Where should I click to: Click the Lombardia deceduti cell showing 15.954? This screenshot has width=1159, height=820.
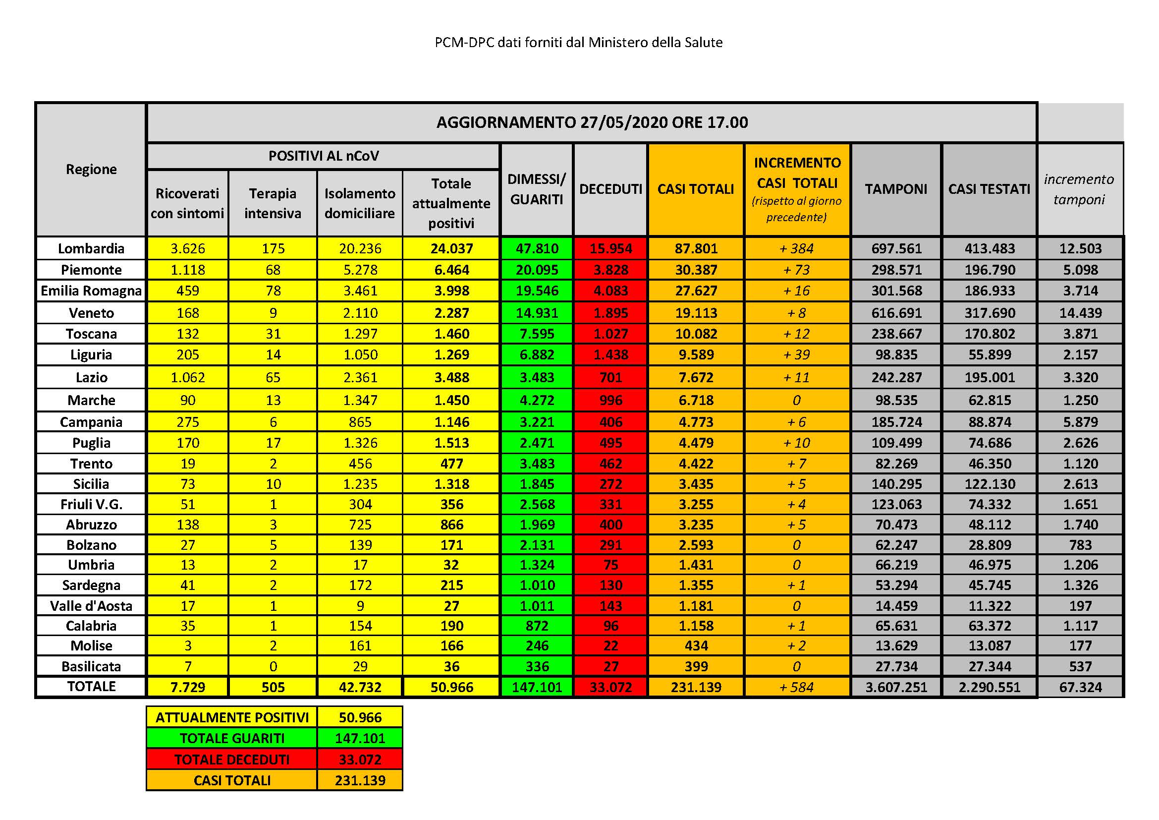click(x=610, y=248)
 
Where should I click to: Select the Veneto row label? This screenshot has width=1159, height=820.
click(x=91, y=313)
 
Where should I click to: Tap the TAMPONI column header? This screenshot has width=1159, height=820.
click(x=896, y=189)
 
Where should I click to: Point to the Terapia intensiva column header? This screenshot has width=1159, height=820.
click(x=273, y=203)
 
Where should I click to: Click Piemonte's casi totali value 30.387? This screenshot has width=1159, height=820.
click(x=696, y=270)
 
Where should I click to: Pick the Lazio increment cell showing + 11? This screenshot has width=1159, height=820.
click(x=797, y=377)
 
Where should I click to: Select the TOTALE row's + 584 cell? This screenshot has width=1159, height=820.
click(x=797, y=687)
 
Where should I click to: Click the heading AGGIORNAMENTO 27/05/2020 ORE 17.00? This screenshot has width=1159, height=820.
click(x=592, y=122)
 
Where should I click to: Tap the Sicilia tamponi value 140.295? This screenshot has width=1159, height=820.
click(x=896, y=484)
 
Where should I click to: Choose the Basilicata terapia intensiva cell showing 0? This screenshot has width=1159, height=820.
click(x=273, y=666)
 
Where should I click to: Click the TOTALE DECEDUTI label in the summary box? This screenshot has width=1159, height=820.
click(x=232, y=760)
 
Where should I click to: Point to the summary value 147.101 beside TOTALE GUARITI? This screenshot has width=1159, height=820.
click(x=360, y=738)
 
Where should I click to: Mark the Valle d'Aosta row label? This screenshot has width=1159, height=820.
click(x=91, y=606)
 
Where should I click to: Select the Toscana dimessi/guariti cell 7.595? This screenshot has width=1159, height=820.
click(x=537, y=334)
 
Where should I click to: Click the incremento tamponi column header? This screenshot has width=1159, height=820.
click(x=1079, y=189)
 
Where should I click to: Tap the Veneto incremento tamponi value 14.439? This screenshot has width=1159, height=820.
click(x=1080, y=313)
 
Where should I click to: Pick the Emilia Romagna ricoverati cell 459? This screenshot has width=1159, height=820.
click(x=188, y=291)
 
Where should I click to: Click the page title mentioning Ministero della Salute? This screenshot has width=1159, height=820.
click(x=578, y=43)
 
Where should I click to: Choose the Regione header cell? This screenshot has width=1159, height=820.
click(x=91, y=169)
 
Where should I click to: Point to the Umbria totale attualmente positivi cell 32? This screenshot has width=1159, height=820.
click(x=451, y=565)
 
